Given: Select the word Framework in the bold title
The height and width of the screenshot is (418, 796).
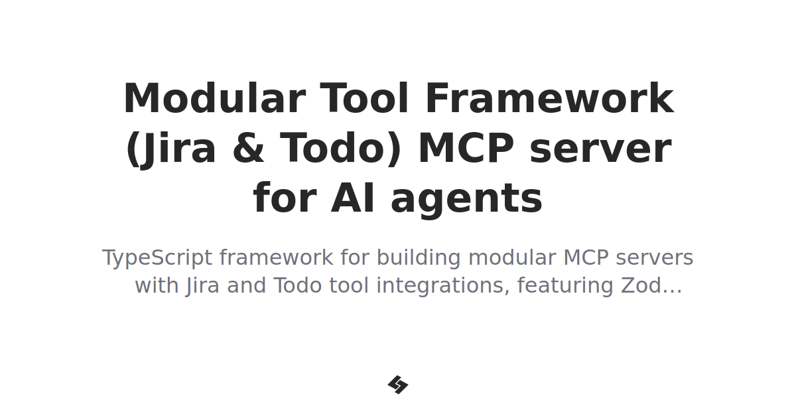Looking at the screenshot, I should (549, 100).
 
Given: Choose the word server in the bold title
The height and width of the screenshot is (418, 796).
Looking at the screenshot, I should (600, 149).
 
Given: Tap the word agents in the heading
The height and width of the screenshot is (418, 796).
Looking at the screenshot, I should (466, 199).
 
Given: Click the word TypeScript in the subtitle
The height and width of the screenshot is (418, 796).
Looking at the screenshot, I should (157, 257).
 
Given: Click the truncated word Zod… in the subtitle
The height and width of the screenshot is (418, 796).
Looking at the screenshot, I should (651, 286).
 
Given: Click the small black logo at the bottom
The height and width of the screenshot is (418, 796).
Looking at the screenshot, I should (398, 385).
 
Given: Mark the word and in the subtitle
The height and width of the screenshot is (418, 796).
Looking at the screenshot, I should (247, 286).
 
